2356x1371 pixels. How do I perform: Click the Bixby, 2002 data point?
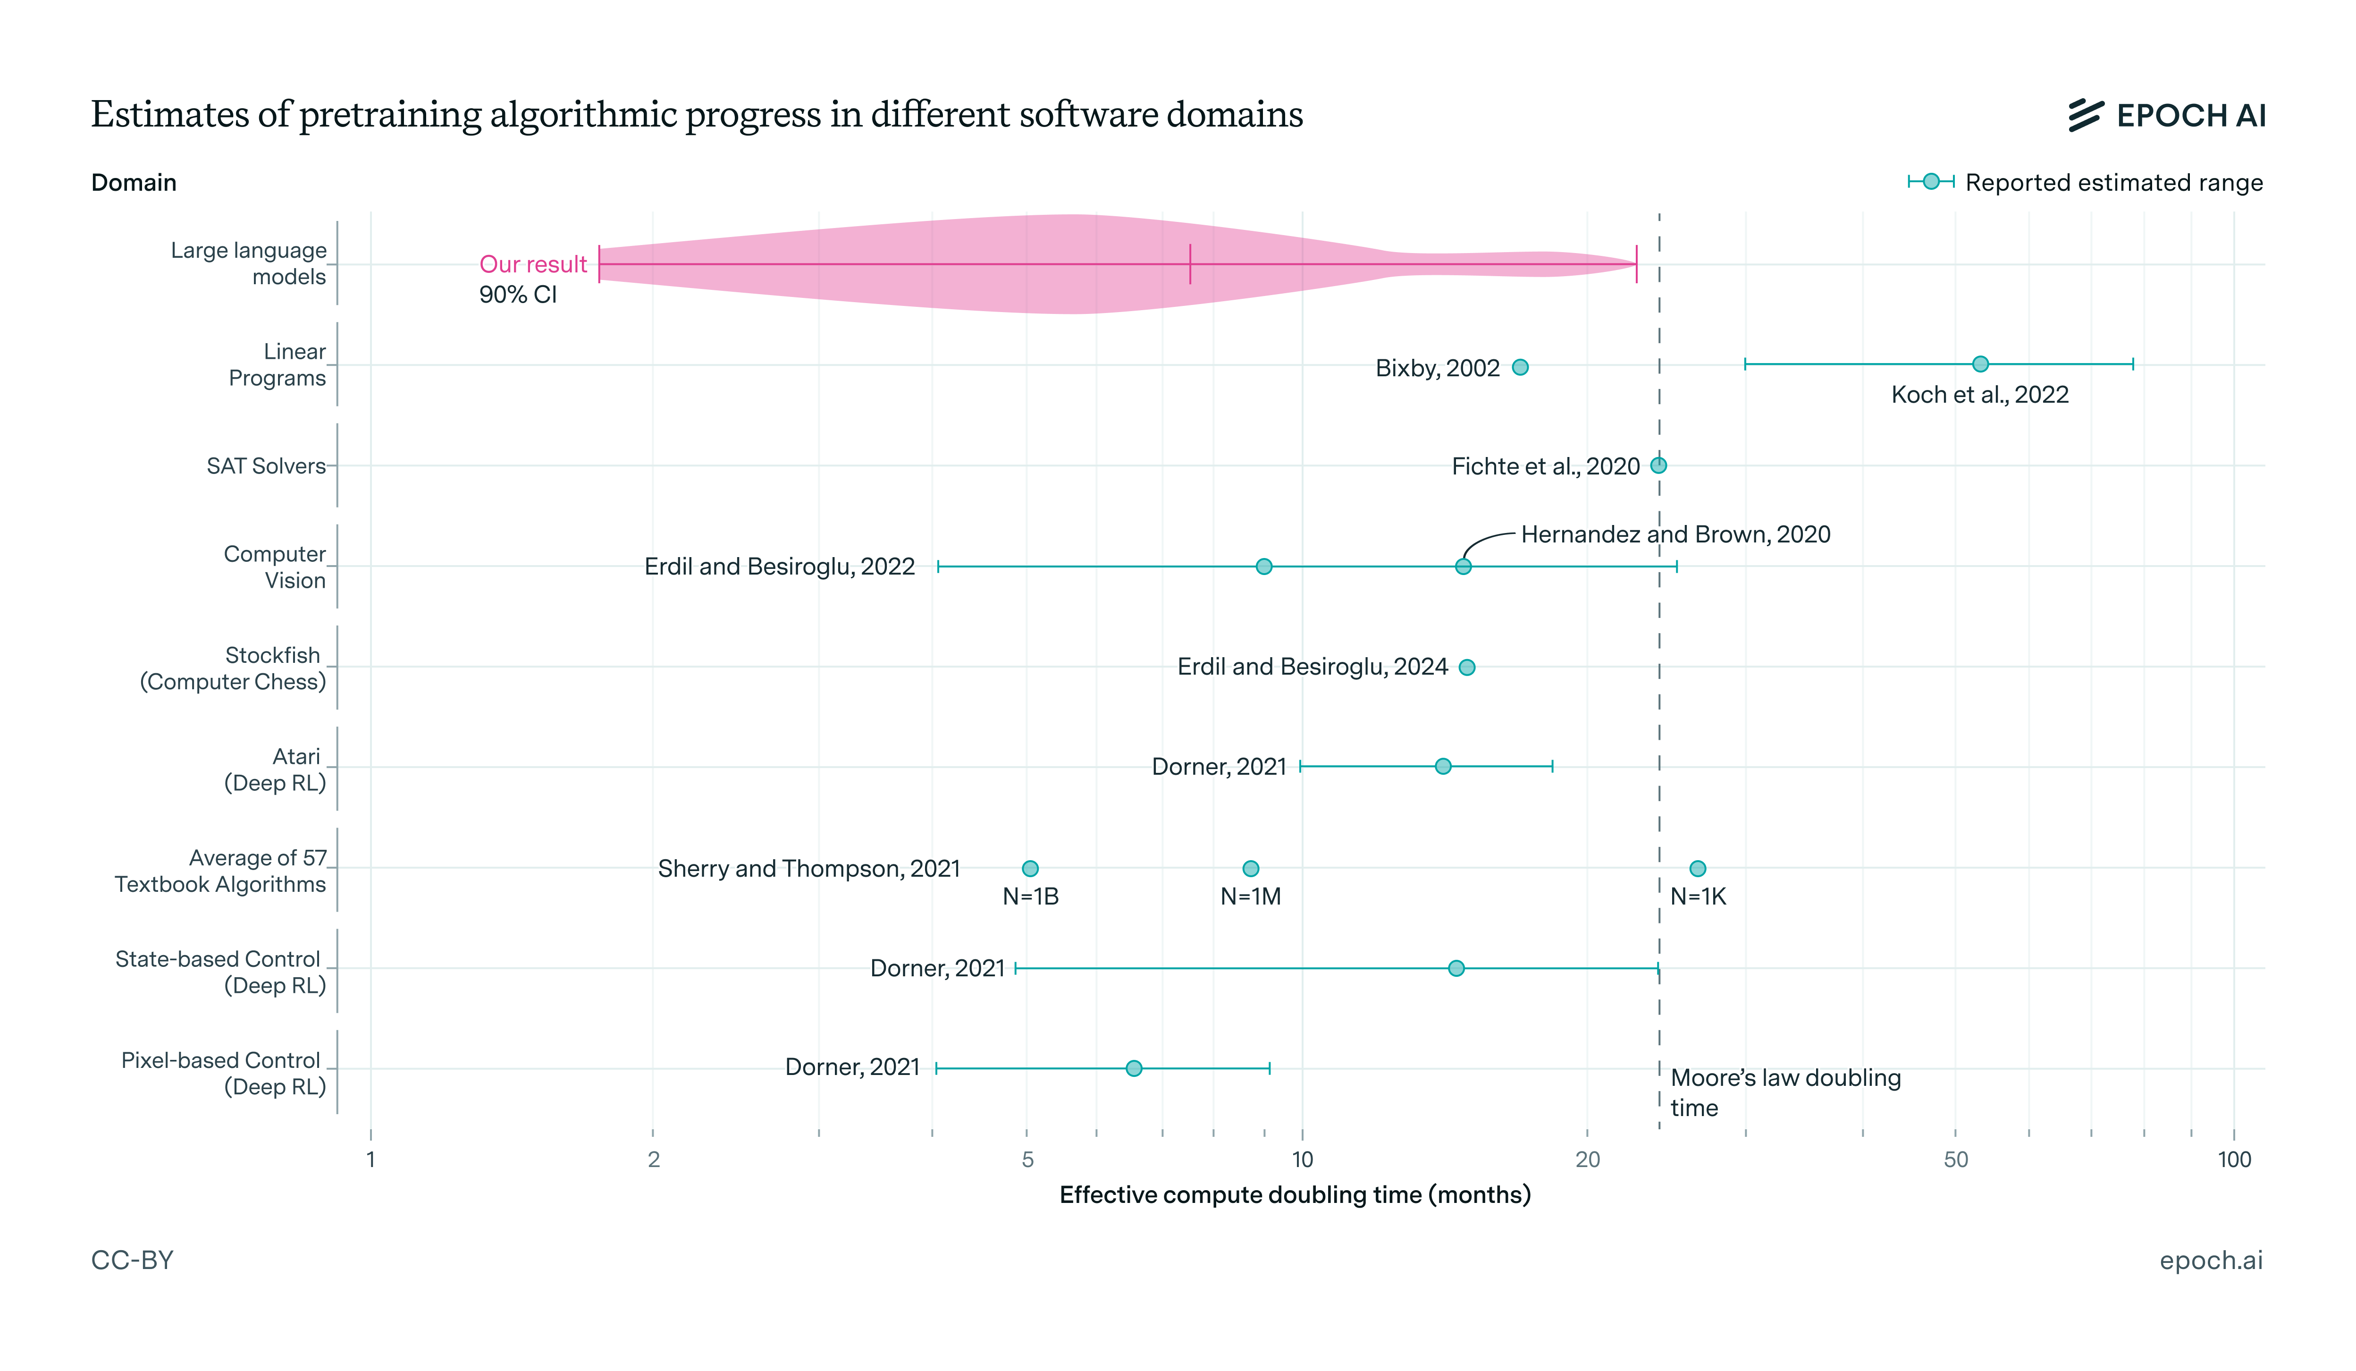1520,367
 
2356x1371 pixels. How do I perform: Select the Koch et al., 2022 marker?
1980,364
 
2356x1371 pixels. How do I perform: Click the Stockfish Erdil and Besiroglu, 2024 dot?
1467,667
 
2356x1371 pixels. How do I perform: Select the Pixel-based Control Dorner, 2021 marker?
1134,1068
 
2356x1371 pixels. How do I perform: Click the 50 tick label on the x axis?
1956,1159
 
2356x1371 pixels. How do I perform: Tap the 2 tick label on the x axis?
654,1159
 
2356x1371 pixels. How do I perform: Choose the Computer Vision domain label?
275,567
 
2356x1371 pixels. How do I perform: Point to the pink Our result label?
533,265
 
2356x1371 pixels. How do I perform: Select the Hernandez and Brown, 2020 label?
1675,534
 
